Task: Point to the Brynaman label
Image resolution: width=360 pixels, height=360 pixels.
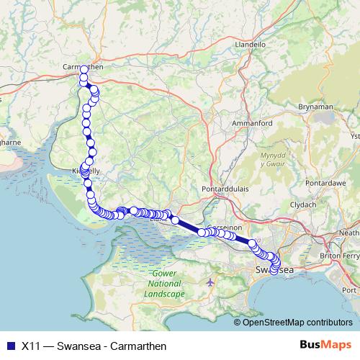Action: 315,107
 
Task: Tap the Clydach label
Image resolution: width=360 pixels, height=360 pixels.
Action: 303,205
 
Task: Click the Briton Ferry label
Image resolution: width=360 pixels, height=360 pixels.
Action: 340,256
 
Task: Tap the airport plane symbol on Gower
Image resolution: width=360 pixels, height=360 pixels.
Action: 210,282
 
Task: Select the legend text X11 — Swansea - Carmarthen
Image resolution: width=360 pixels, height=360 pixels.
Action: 89,345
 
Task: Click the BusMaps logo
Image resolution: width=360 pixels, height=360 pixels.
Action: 325,345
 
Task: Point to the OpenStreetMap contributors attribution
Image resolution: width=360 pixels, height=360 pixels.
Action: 297,323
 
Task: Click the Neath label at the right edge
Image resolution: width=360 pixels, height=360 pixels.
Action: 350,233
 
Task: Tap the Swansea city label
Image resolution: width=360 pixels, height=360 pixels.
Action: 275,269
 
